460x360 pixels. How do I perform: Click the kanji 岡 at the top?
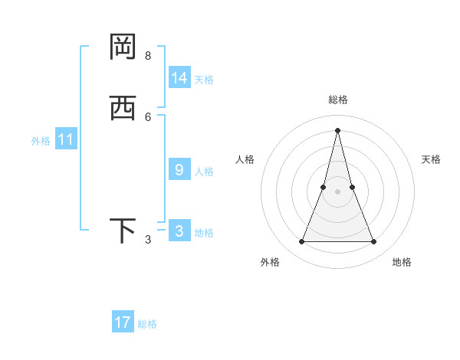[123, 47]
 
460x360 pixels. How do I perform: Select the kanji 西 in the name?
[123, 107]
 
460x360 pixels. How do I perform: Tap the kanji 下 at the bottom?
[123, 231]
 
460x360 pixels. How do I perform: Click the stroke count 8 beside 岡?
[148, 55]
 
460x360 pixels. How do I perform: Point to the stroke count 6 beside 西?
[148, 116]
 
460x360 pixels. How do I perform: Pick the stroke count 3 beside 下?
[148, 240]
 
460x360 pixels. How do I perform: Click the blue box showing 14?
[179, 78]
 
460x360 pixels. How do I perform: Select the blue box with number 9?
[179, 170]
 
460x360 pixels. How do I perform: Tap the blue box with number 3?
[179, 231]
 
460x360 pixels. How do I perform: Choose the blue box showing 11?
[66, 140]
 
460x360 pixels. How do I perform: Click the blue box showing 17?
[123, 322]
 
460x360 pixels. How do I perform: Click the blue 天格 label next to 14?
[204, 79]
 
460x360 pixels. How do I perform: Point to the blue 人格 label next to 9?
[204, 171]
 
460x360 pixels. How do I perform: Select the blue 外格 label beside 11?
[41, 141]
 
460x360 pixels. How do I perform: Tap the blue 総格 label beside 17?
[147, 324]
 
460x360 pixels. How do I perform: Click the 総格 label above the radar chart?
[337, 100]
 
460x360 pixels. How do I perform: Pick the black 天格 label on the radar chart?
[431, 159]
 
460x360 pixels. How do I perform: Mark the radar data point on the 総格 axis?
[337, 129]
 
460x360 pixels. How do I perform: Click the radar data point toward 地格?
[374, 242]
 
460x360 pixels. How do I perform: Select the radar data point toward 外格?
[301, 242]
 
